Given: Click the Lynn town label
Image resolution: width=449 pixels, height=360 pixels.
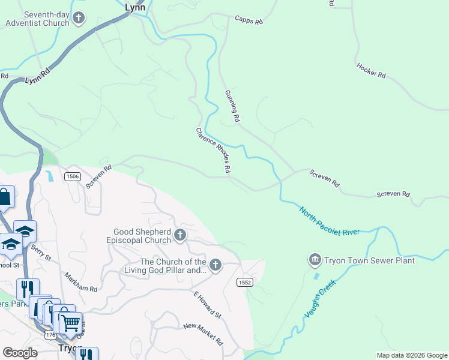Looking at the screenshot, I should pyautogui.click(x=135, y=7).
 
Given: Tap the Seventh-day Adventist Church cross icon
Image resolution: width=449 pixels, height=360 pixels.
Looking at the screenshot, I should pyautogui.click(x=78, y=19).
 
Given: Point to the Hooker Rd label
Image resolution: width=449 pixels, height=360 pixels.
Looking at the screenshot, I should pyautogui.click(x=370, y=70).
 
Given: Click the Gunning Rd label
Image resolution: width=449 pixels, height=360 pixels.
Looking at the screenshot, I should pyautogui.click(x=232, y=107).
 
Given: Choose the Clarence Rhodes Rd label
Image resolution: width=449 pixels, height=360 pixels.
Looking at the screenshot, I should pyautogui.click(x=213, y=151).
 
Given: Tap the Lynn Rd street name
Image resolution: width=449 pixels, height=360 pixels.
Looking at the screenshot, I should pyautogui.click(x=37, y=76).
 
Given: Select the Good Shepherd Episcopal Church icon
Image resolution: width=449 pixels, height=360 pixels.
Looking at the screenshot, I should pyautogui.click(x=180, y=236).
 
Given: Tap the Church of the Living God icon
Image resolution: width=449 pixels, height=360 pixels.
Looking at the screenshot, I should pyautogui.click(x=215, y=264).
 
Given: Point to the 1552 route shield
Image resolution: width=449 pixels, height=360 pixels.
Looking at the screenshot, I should pyautogui.click(x=245, y=282).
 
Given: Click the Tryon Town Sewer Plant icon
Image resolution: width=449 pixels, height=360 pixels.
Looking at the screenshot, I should pyautogui.click(x=314, y=260).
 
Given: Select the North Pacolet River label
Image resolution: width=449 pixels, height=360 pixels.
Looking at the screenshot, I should pyautogui.click(x=329, y=221).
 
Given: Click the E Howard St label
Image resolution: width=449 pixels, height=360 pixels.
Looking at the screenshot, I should pyautogui.click(x=207, y=304).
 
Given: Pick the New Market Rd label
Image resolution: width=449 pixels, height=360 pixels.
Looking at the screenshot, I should pyautogui.click(x=203, y=334).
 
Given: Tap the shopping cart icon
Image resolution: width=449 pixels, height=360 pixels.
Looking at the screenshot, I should pyautogui.click(x=71, y=323).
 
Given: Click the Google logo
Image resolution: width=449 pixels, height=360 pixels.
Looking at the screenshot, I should pyautogui.click(x=20, y=353).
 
